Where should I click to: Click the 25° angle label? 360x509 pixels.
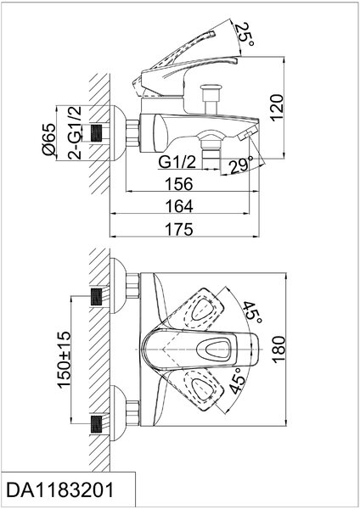pos(245,35)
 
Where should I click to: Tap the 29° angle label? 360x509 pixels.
pos(241,165)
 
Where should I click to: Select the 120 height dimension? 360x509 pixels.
pos(276,108)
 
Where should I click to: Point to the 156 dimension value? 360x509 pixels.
pos(179,184)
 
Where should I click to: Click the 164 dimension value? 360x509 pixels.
pos(179,206)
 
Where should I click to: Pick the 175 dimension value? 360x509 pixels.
pos(179,229)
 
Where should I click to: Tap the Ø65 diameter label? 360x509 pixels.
pos(49,139)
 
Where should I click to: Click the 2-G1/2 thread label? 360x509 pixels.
pos(75,132)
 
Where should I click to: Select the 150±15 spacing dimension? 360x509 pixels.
pos(64,360)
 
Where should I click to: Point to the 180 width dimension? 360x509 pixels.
pos(278,350)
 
